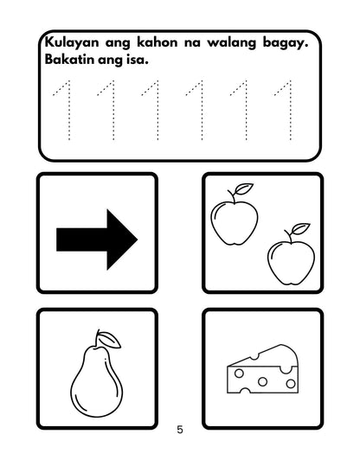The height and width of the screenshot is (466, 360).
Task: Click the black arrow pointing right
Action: tap(96, 234)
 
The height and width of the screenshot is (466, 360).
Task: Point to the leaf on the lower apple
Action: tap(299, 229)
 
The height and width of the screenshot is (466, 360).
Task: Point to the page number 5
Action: tap(179, 429)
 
